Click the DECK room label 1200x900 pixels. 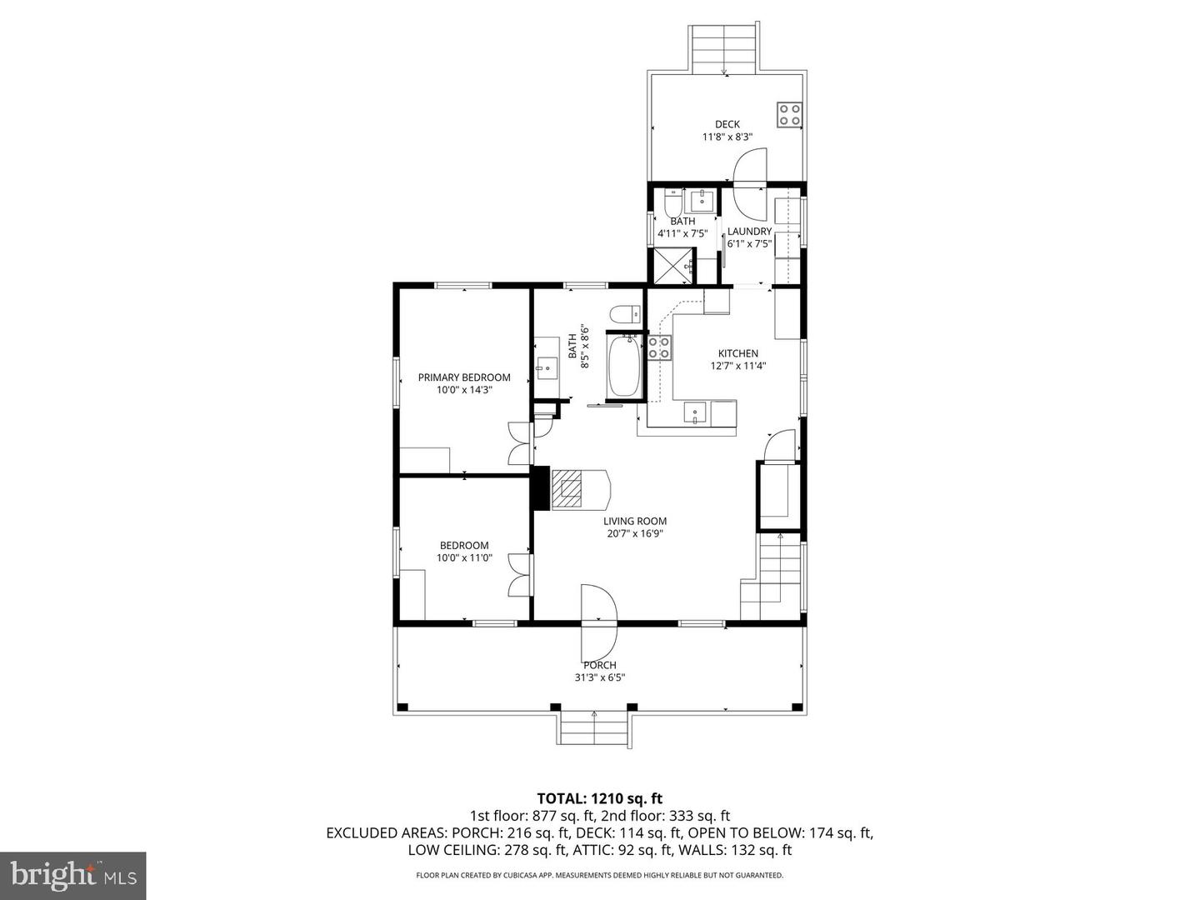[727, 124]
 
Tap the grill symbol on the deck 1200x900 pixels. [789, 114]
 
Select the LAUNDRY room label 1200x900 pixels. [749, 232]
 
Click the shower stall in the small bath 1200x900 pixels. [672, 266]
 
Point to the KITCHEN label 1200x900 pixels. [737, 353]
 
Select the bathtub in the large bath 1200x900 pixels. [624, 366]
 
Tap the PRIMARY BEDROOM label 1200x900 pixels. [464, 377]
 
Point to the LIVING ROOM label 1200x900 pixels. [635, 522]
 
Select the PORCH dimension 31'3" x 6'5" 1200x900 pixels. [600, 677]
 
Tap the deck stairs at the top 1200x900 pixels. [724, 48]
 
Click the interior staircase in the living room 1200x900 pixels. [772, 575]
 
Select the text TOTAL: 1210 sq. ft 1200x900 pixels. [599, 798]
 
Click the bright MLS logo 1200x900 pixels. [72, 875]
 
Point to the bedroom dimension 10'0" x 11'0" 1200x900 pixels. [464, 558]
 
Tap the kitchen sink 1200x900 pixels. [694, 412]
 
